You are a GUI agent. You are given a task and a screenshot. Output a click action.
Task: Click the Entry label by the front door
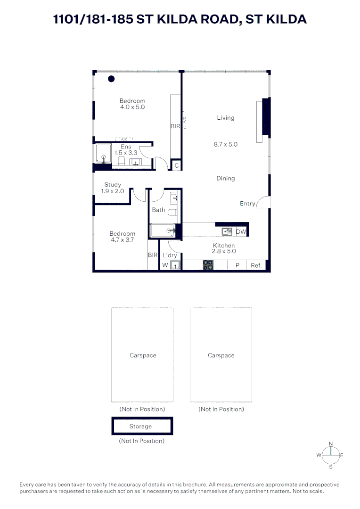[x=247, y=204]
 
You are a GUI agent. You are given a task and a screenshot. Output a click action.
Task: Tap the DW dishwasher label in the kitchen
[x=241, y=231]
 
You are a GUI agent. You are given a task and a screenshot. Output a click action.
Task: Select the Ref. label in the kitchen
[x=256, y=265]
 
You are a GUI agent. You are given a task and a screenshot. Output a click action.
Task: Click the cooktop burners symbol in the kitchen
[x=208, y=265]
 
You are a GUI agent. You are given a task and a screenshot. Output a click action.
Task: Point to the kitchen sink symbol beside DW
[x=227, y=231]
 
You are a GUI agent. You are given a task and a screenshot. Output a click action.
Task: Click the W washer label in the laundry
[x=165, y=265]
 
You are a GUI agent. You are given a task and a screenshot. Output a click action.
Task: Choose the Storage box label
[x=141, y=426]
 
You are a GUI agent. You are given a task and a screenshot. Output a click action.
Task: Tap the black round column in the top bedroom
[x=111, y=79]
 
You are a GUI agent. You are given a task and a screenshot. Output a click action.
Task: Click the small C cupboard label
[x=176, y=165]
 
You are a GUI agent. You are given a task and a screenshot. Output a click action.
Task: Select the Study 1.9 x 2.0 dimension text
[x=113, y=191]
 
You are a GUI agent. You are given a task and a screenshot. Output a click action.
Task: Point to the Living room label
[x=226, y=118]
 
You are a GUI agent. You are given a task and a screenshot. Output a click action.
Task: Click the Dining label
[x=226, y=178]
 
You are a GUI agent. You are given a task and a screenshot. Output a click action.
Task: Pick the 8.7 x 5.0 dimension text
[x=226, y=145]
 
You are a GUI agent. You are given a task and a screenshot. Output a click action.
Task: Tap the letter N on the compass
[x=331, y=443]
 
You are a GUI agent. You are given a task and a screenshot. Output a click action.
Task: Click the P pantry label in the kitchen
[x=237, y=265]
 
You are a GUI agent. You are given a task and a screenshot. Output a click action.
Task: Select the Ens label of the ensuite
[x=126, y=147]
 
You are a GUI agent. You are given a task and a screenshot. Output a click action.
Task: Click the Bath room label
[x=158, y=210]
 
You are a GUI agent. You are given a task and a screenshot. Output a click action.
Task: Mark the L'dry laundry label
[x=170, y=255]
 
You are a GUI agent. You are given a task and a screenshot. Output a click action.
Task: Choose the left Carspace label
[x=143, y=355]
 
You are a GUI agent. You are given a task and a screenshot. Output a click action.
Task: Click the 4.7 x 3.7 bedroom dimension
[x=123, y=239]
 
